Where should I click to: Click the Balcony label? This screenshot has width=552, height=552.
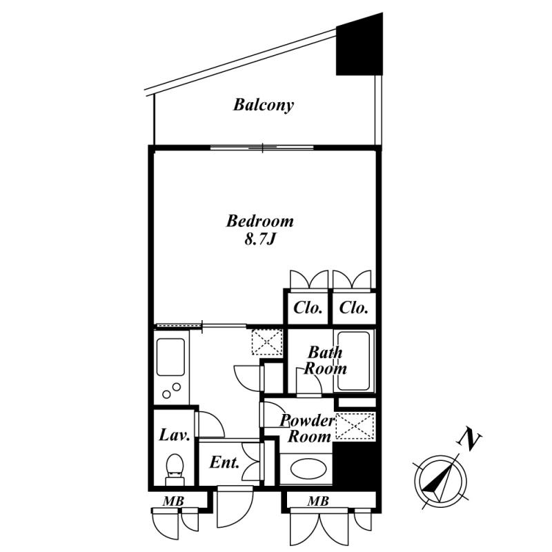point(264,105)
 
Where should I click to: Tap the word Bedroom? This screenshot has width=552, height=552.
point(260,221)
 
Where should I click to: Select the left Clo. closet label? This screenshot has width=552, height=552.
point(308,308)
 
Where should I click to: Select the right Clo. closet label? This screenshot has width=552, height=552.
point(354,308)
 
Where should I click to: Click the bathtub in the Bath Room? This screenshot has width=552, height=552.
point(353,361)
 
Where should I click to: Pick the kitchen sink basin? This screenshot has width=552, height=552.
point(170,357)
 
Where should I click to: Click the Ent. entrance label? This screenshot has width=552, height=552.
point(224,462)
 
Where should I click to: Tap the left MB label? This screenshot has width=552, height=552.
point(173,502)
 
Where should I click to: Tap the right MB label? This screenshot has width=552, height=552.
point(318,501)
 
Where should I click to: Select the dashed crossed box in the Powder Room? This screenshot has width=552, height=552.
point(355,426)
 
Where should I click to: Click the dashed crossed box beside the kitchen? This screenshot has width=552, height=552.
point(267,342)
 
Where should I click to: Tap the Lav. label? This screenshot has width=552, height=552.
point(175,435)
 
